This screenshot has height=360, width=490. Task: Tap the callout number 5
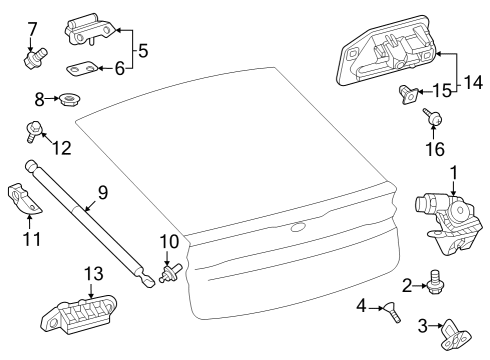(142, 48)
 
